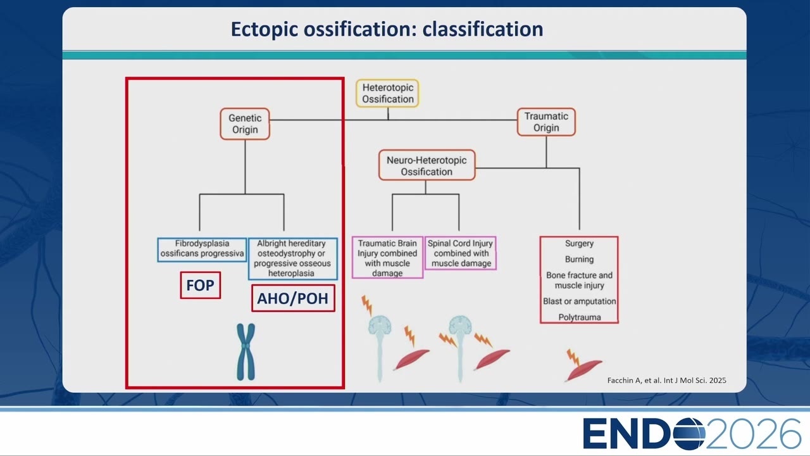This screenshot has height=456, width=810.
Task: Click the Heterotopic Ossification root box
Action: click(x=388, y=93)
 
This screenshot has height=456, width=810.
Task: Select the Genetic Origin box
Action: click(x=245, y=123)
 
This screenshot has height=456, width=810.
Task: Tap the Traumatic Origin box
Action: click(x=546, y=122)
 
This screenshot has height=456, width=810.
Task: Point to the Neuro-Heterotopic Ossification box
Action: click(x=427, y=165)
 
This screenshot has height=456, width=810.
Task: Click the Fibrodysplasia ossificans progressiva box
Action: click(x=202, y=250)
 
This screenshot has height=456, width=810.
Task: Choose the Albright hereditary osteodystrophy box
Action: click(x=292, y=258)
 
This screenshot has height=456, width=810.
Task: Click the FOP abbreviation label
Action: click(x=201, y=285)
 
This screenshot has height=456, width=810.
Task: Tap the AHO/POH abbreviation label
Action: click(x=293, y=298)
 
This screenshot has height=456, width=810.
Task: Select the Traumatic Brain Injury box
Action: click(x=387, y=258)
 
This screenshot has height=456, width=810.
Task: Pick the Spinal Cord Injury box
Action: click(x=461, y=253)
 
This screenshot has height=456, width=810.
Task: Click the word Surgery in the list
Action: click(x=579, y=244)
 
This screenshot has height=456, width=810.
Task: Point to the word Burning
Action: click(x=579, y=259)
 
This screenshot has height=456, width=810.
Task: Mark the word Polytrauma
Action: click(x=579, y=317)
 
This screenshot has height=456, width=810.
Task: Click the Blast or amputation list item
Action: click(x=579, y=301)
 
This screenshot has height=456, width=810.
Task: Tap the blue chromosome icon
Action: click(x=246, y=351)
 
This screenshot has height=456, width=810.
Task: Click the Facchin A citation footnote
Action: click(x=666, y=381)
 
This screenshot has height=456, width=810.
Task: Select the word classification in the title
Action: click(x=483, y=29)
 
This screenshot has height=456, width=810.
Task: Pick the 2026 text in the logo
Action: click(x=753, y=434)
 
